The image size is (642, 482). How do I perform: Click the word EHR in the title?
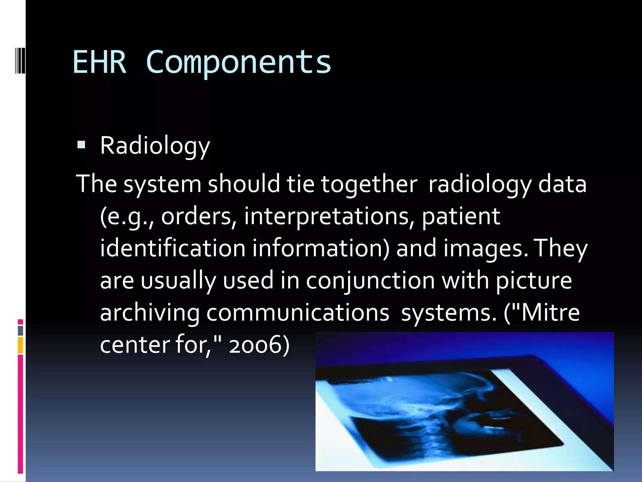[x=99, y=62]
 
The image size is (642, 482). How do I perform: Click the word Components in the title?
[x=238, y=62]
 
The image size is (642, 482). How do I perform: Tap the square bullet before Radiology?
[x=81, y=145]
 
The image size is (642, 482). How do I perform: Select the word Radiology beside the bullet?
[x=155, y=146]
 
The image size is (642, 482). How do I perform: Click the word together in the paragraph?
[x=369, y=184]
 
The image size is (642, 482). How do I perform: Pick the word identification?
[x=173, y=248]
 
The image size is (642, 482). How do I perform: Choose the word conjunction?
[x=370, y=280]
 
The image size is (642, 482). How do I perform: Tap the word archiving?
[x=150, y=313]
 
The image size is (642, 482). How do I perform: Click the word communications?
[x=298, y=313]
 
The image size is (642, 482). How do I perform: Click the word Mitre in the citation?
[x=550, y=313]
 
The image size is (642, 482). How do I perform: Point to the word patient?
[x=461, y=217]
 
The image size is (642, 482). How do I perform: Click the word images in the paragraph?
[x=486, y=248]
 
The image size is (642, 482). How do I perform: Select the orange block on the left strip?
[x=20, y=345]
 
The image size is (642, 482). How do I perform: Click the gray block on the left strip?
[x=20, y=330]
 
